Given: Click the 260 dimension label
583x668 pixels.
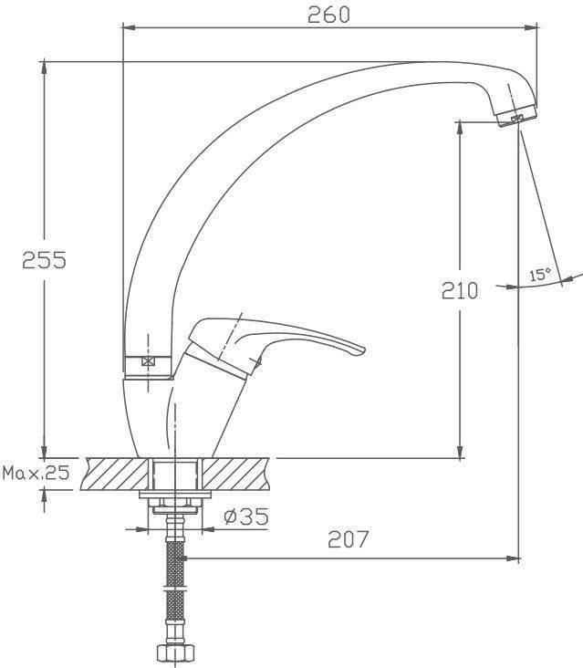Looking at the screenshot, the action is (328, 15).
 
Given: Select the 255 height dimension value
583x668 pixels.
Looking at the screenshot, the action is (45, 260).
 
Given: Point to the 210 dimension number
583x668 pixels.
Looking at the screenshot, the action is (460, 290).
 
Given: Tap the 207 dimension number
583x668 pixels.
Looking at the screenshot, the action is (348, 539).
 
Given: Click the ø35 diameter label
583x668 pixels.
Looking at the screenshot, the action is (246, 517).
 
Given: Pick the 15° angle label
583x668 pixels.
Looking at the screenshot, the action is (540, 275).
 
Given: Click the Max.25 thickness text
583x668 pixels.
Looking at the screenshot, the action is (36, 473).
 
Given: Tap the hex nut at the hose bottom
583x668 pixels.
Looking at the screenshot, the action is (175, 652).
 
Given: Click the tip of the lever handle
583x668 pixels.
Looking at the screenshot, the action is (365, 350).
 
